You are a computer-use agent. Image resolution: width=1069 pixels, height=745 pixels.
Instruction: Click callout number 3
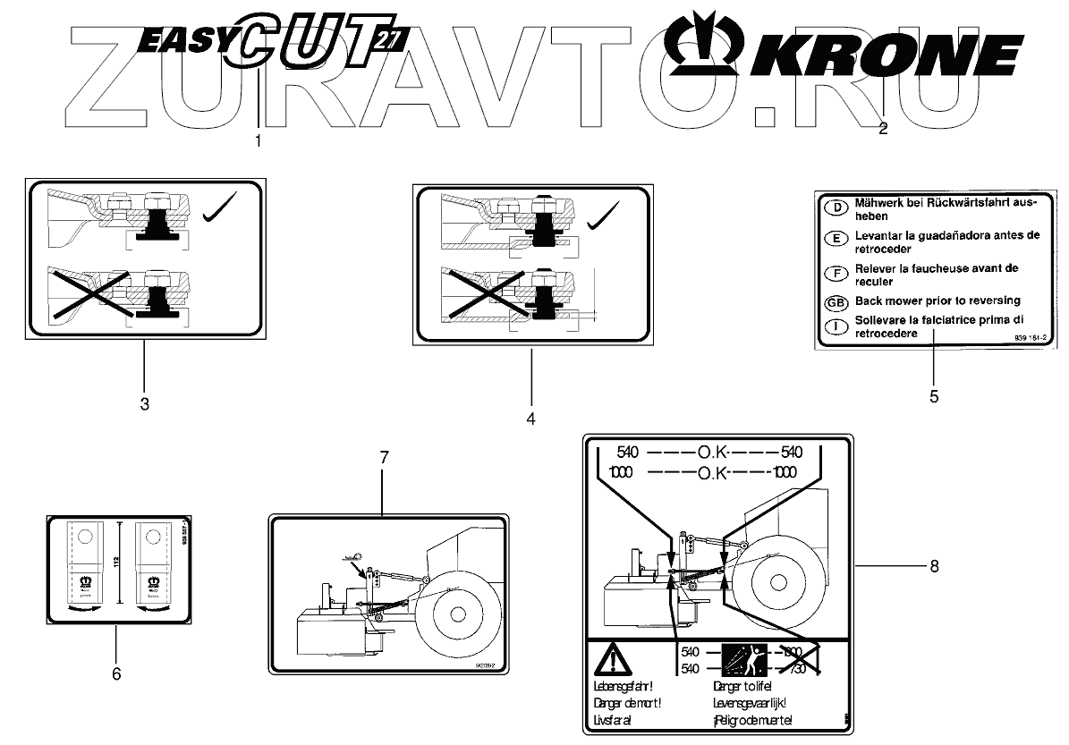(144, 403)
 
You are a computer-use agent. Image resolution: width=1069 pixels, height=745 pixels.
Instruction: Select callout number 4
(530, 418)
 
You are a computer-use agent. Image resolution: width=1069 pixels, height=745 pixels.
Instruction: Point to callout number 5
(934, 396)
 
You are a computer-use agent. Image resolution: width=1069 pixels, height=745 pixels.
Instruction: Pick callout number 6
(115, 673)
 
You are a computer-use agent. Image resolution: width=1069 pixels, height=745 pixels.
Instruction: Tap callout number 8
(934, 566)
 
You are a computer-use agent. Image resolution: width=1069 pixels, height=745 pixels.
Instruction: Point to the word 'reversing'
(987, 301)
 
